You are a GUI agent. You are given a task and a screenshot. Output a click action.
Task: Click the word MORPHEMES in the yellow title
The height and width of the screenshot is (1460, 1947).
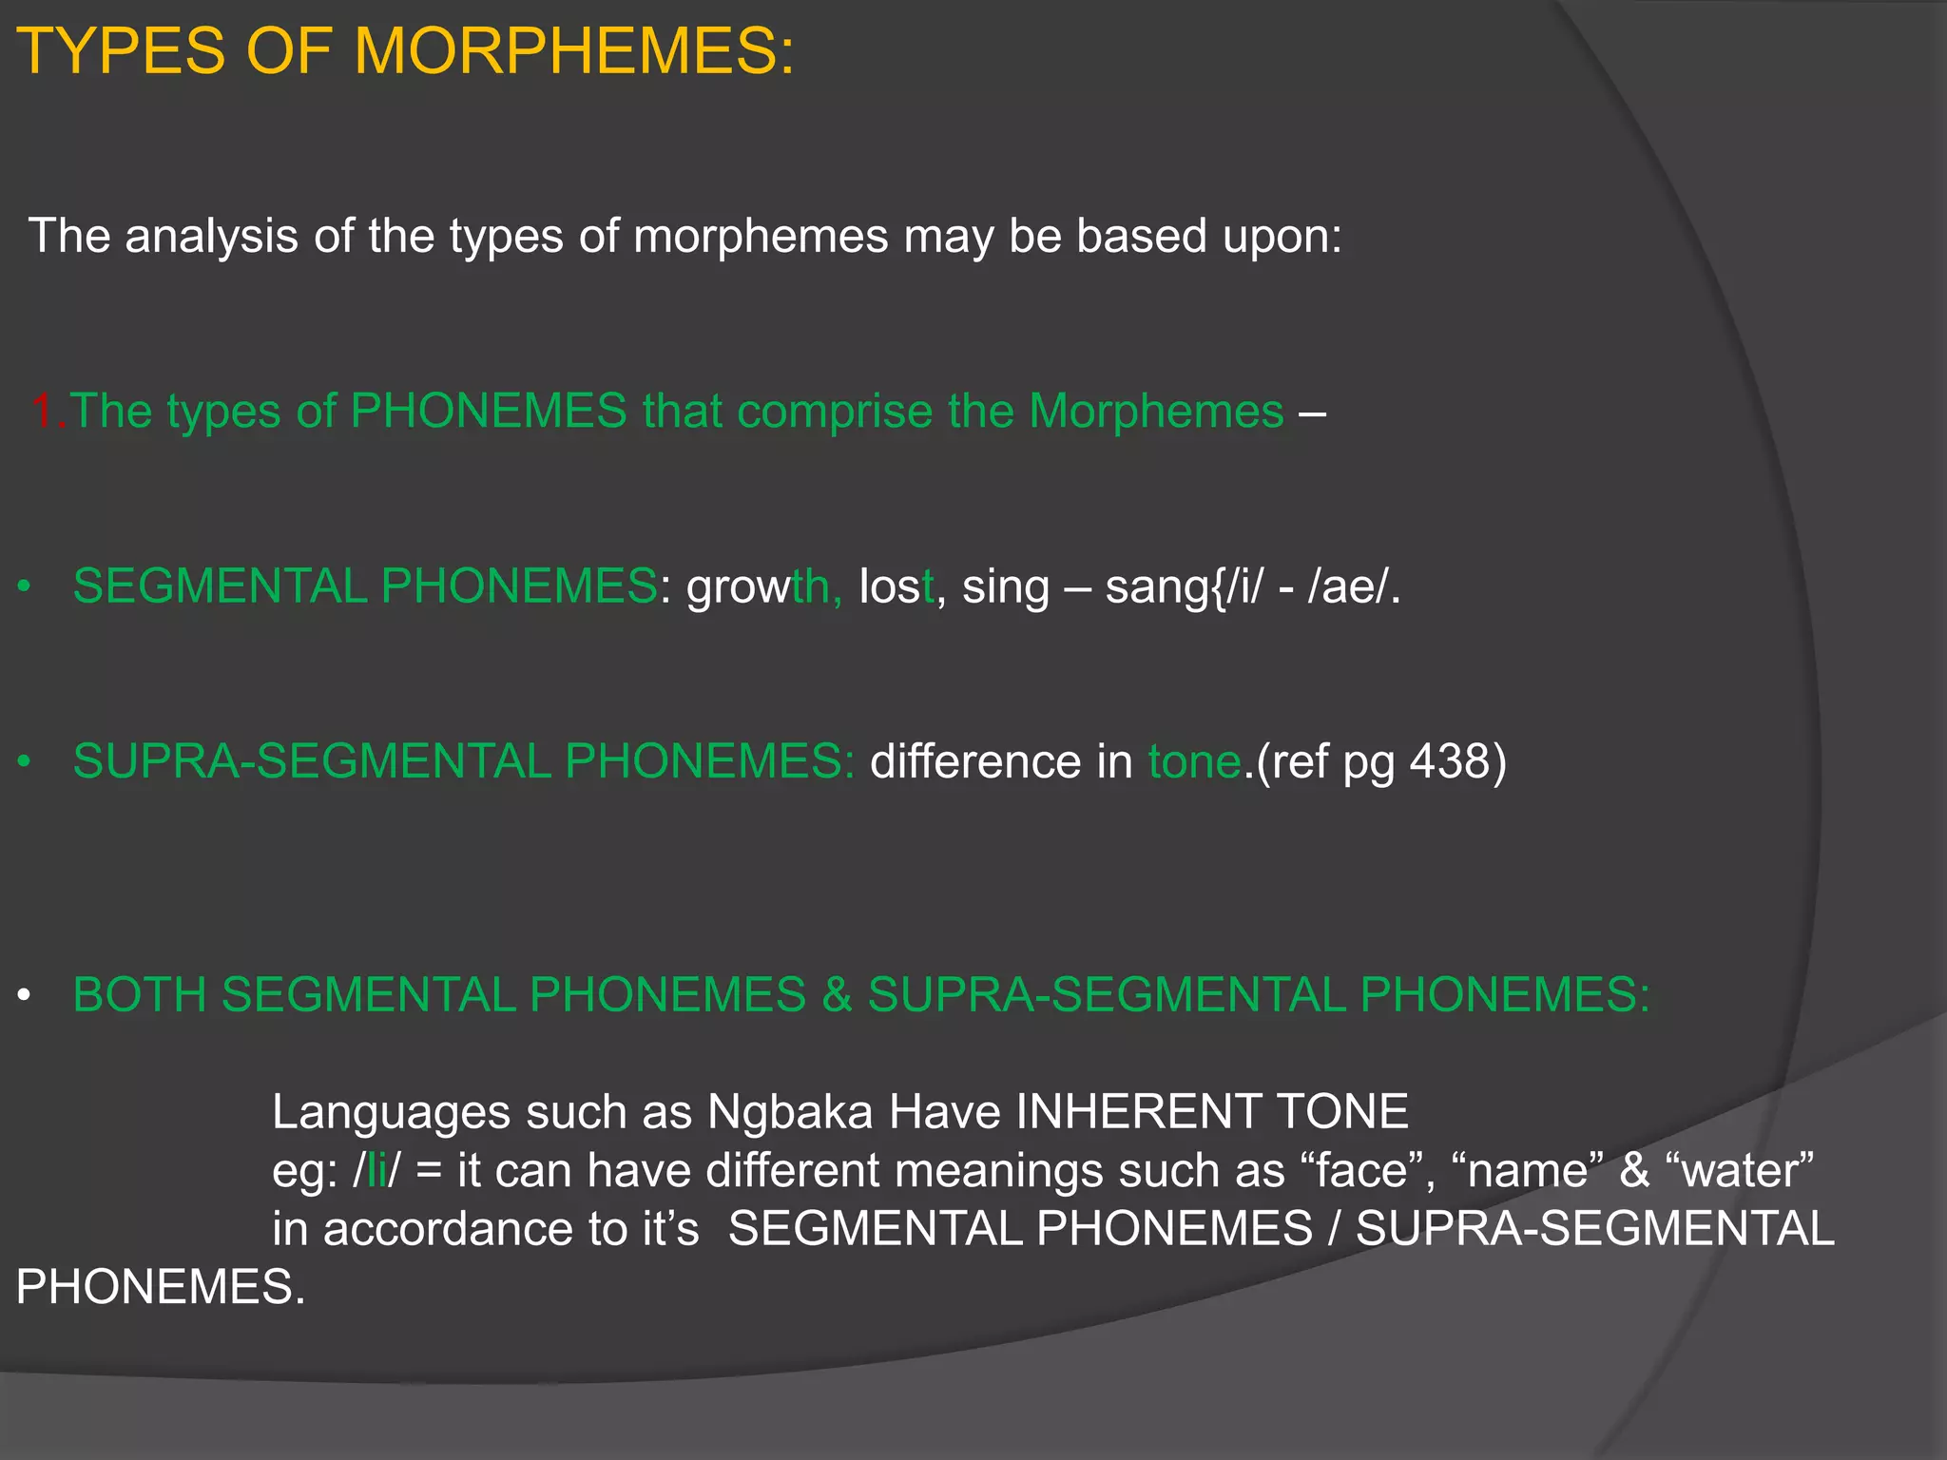[x=573, y=51]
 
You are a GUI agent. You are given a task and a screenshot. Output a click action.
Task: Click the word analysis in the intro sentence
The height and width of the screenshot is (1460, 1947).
[x=211, y=236]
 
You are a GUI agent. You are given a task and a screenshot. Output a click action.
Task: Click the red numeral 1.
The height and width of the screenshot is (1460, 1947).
[x=45, y=411]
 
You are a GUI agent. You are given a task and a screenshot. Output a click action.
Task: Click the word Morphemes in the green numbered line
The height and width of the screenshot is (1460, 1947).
[x=1156, y=413]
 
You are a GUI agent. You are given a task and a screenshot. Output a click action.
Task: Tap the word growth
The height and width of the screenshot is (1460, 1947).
[x=763, y=586]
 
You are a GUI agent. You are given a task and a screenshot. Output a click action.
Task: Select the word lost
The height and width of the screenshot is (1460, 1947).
[x=896, y=586]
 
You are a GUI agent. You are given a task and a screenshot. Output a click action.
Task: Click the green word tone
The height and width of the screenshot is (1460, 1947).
[x=1195, y=762]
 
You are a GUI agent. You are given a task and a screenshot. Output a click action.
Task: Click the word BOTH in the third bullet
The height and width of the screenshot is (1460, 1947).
[x=139, y=995]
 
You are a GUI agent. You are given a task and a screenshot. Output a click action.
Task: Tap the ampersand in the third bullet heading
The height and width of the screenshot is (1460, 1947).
[x=837, y=995]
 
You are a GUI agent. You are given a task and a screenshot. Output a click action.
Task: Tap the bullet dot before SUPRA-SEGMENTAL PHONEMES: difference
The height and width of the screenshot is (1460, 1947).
[x=24, y=762]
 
